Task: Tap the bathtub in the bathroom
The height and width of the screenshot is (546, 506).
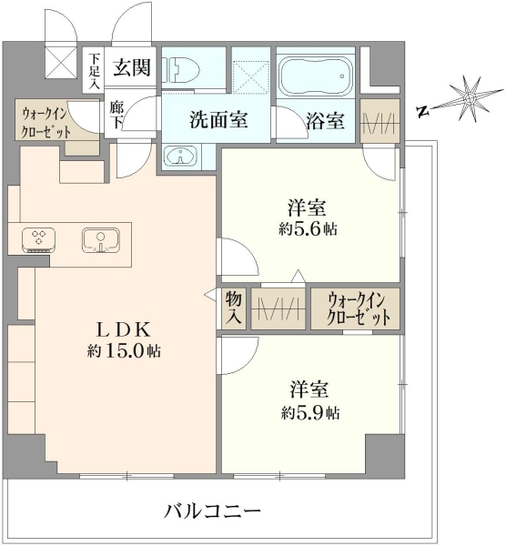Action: [316, 76]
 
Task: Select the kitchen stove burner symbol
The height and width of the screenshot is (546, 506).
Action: [38, 239]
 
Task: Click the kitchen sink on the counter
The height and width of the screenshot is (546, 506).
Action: [101, 240]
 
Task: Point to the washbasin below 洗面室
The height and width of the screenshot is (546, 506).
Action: [180, 156]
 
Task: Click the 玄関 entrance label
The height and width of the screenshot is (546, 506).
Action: [132, 67]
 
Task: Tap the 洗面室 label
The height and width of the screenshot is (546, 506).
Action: [218, 120]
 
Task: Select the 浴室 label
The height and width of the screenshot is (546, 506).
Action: [325, 121]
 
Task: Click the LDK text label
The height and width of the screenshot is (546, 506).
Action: [124, 329]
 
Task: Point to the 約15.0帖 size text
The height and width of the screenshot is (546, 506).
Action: [124, 351]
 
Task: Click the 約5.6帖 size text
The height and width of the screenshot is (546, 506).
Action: [308, 228]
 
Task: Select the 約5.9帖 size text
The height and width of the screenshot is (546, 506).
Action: [310, 412]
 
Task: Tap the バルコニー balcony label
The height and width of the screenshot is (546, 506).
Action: [213, 511]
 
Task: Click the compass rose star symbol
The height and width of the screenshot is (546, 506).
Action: [469, 99]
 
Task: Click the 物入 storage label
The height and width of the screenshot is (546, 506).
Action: [233, 308]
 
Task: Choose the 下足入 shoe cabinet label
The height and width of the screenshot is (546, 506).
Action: [94, 71]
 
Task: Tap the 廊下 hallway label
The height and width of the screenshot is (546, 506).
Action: [116, 115]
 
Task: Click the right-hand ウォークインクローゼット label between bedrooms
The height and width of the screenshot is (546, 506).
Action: [356, 308]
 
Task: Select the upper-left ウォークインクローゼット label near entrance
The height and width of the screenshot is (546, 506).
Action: [46, 122]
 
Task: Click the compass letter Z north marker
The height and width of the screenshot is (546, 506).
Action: [423, 111]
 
